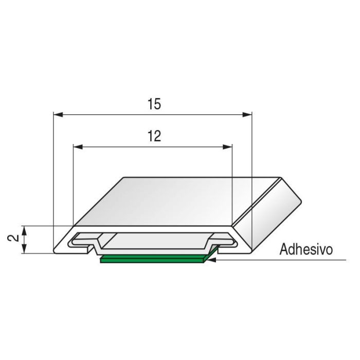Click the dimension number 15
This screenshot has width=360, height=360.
pyautogui.click(x=153, y=104)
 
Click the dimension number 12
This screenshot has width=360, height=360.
pyautogui.click(x=153, y=136)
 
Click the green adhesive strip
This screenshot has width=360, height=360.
pyautogui.click(x=154, y=259)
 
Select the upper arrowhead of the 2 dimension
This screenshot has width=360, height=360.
pyautogui.click(x=24, y=229)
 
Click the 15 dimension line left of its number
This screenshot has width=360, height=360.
pyautogui.click(x=103, y=115)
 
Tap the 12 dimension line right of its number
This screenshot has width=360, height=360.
pyautogui.click(x=195, y=147)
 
